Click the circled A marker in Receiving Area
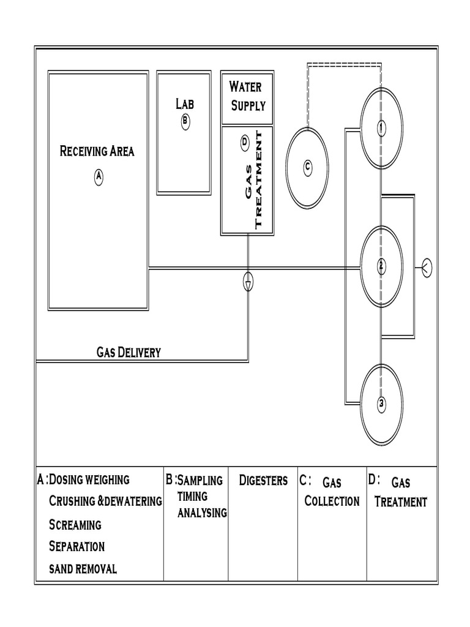[99, 178]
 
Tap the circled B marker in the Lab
[185, 122]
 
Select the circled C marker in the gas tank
[308, 167]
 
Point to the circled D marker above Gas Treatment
[244, 143]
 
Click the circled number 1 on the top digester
[381, 128]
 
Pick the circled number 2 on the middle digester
[381, 266]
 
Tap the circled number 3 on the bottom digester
[381, 403]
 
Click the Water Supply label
[247, 96]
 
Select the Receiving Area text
[97, 151]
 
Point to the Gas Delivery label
[129, 352]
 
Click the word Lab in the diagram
[184, 104]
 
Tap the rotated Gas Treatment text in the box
[253, 180]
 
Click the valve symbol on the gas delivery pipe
[248, 281]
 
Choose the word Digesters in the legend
[263, 481]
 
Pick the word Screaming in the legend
[75, 525]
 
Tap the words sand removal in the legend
[83, 569]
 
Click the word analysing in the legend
[202, 513]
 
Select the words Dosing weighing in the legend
[89, 479]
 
